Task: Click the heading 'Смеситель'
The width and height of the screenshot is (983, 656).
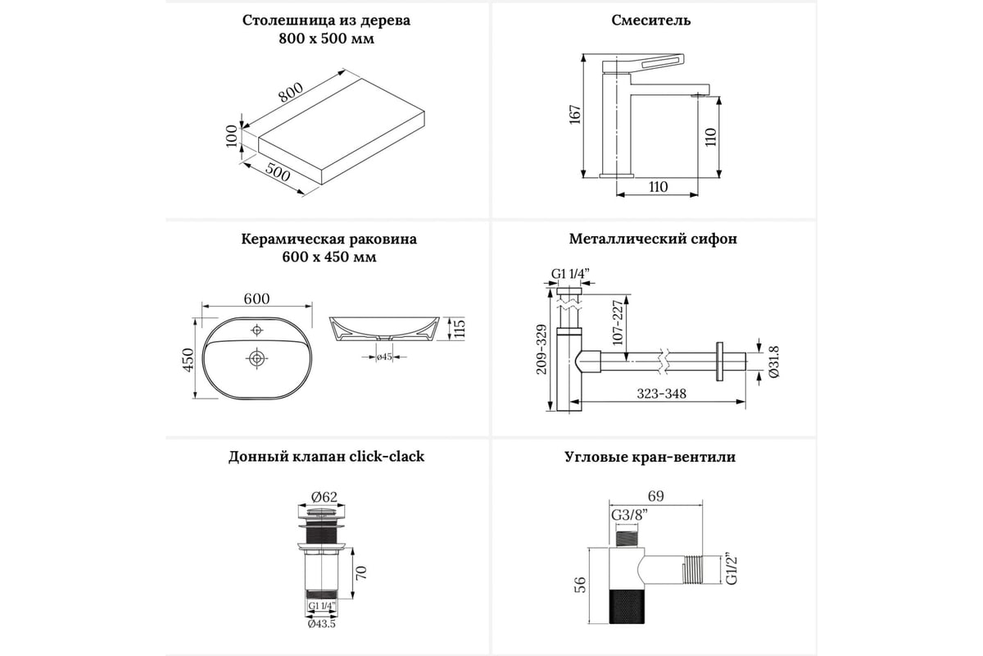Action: pyautogui.click(x=651, y=20)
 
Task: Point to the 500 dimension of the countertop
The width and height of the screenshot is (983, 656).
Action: pyautogui.click(x=279, y=174)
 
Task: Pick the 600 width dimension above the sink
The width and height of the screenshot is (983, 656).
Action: pyautogui.click(x=256, y=298)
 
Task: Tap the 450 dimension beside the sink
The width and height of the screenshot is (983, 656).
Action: pyautogui.click(x=188, y=358)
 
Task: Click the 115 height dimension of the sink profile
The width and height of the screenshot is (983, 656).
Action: pyautogui.click(x=460, y=329)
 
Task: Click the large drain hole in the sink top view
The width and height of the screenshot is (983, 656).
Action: pyautogui.click(x=256, y=358)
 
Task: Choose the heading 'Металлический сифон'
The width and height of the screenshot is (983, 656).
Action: pyautogui.click(x=653, y=239)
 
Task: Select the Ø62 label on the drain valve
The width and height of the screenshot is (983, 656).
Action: pyautogui.click(x=324, y=495)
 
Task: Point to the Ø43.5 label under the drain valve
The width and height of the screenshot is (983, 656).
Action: pyautogui.click(x=323, y=624)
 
